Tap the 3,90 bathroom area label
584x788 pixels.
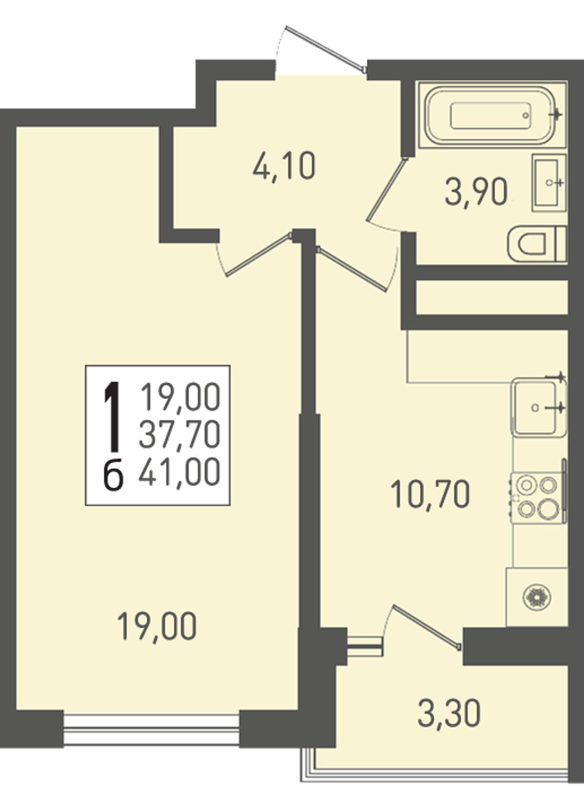point(476,192)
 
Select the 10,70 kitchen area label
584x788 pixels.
point(430,493)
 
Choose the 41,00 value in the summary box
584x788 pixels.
point(179,473)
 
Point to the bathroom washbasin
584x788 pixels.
point(549,183)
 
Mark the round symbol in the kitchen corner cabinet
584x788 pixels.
point(537,596)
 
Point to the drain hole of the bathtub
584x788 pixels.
point(526,115)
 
